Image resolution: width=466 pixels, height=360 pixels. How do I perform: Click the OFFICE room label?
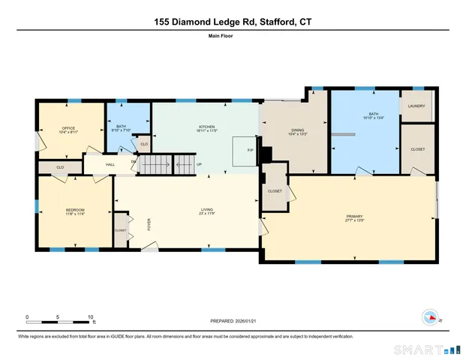click(x=68, y=128)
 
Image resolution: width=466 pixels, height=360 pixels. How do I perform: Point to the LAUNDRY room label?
click(x=416, y=106)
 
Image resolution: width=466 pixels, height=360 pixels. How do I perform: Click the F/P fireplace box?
click(x=251, y=150)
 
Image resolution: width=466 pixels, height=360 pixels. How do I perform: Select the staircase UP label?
click(x=199, y=164)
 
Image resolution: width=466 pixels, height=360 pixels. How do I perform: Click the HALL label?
click(x=110, y=163)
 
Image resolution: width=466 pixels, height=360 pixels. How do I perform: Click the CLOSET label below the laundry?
click(x=417, y=149)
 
